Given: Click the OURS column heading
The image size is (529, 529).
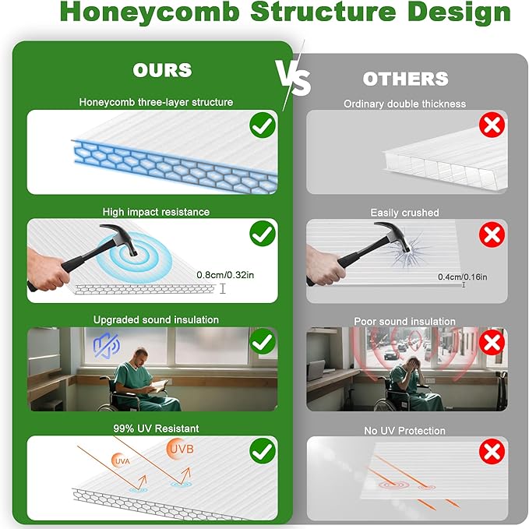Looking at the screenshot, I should [x=162, y=70].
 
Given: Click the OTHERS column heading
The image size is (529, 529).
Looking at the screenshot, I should [x=405, y=79].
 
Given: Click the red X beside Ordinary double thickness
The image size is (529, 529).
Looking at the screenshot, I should [x=492, y=125].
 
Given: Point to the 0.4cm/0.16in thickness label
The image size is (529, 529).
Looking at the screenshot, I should [x=462, y=277].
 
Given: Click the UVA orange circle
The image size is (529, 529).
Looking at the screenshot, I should [x=122, y=461].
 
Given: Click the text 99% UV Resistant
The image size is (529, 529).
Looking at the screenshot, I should [x=156, y=428].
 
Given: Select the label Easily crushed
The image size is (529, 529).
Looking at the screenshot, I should [x=405, y=213].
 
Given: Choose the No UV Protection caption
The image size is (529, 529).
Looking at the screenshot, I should [x=405, y=430].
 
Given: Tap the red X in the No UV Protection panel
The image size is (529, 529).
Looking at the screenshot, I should [x=492, y=451].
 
